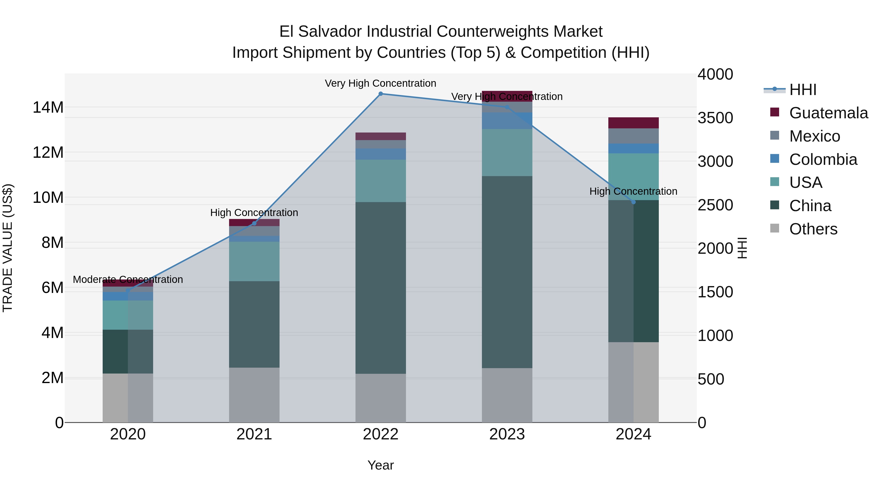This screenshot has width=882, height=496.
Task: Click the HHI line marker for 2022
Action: click(x=380, y=94)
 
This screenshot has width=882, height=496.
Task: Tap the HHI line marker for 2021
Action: click(x=254, y=224)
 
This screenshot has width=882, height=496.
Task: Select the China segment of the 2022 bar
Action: click(x=380, y=288)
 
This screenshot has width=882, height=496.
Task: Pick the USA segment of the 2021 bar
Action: click(x=254, y=262)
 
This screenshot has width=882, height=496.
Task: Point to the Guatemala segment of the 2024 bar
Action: click(x=633, y=123)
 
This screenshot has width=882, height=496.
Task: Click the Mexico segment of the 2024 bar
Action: click(x=633, y=136)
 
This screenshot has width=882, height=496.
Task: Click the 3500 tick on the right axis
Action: click(x=715, y=118)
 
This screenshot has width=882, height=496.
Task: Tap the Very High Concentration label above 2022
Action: click(x=380, y=84)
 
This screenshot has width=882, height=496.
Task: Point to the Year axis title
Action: click(x=380, y=466)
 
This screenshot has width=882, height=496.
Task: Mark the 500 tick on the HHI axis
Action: click(x=711, y=379)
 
